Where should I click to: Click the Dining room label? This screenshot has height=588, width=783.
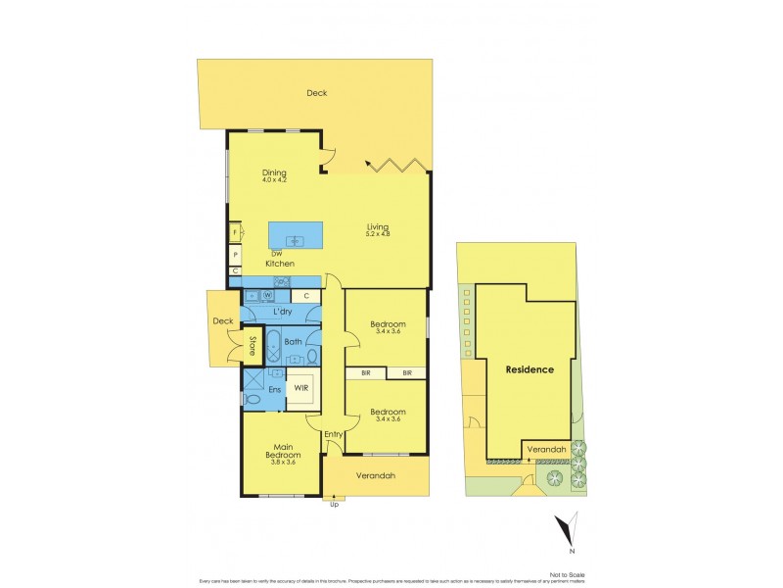(274, 173)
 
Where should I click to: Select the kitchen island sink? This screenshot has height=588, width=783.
(292, 238)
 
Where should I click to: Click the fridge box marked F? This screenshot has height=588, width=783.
(236, 233)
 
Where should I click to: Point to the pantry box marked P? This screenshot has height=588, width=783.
(236, 254)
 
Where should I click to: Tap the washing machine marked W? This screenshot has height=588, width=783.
(266, 295)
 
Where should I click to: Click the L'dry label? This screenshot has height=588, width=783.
(283, 312)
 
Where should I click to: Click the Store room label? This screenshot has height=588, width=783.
(252, 345)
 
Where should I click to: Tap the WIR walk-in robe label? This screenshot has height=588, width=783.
(301, 388)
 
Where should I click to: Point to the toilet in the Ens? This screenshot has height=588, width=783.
(253, 399)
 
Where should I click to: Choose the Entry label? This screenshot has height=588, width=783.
(334, 434)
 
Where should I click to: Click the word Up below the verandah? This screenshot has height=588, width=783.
(335, 504)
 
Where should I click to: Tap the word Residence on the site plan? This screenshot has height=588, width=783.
(530, 369)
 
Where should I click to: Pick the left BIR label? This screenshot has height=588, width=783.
(365, 373)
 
